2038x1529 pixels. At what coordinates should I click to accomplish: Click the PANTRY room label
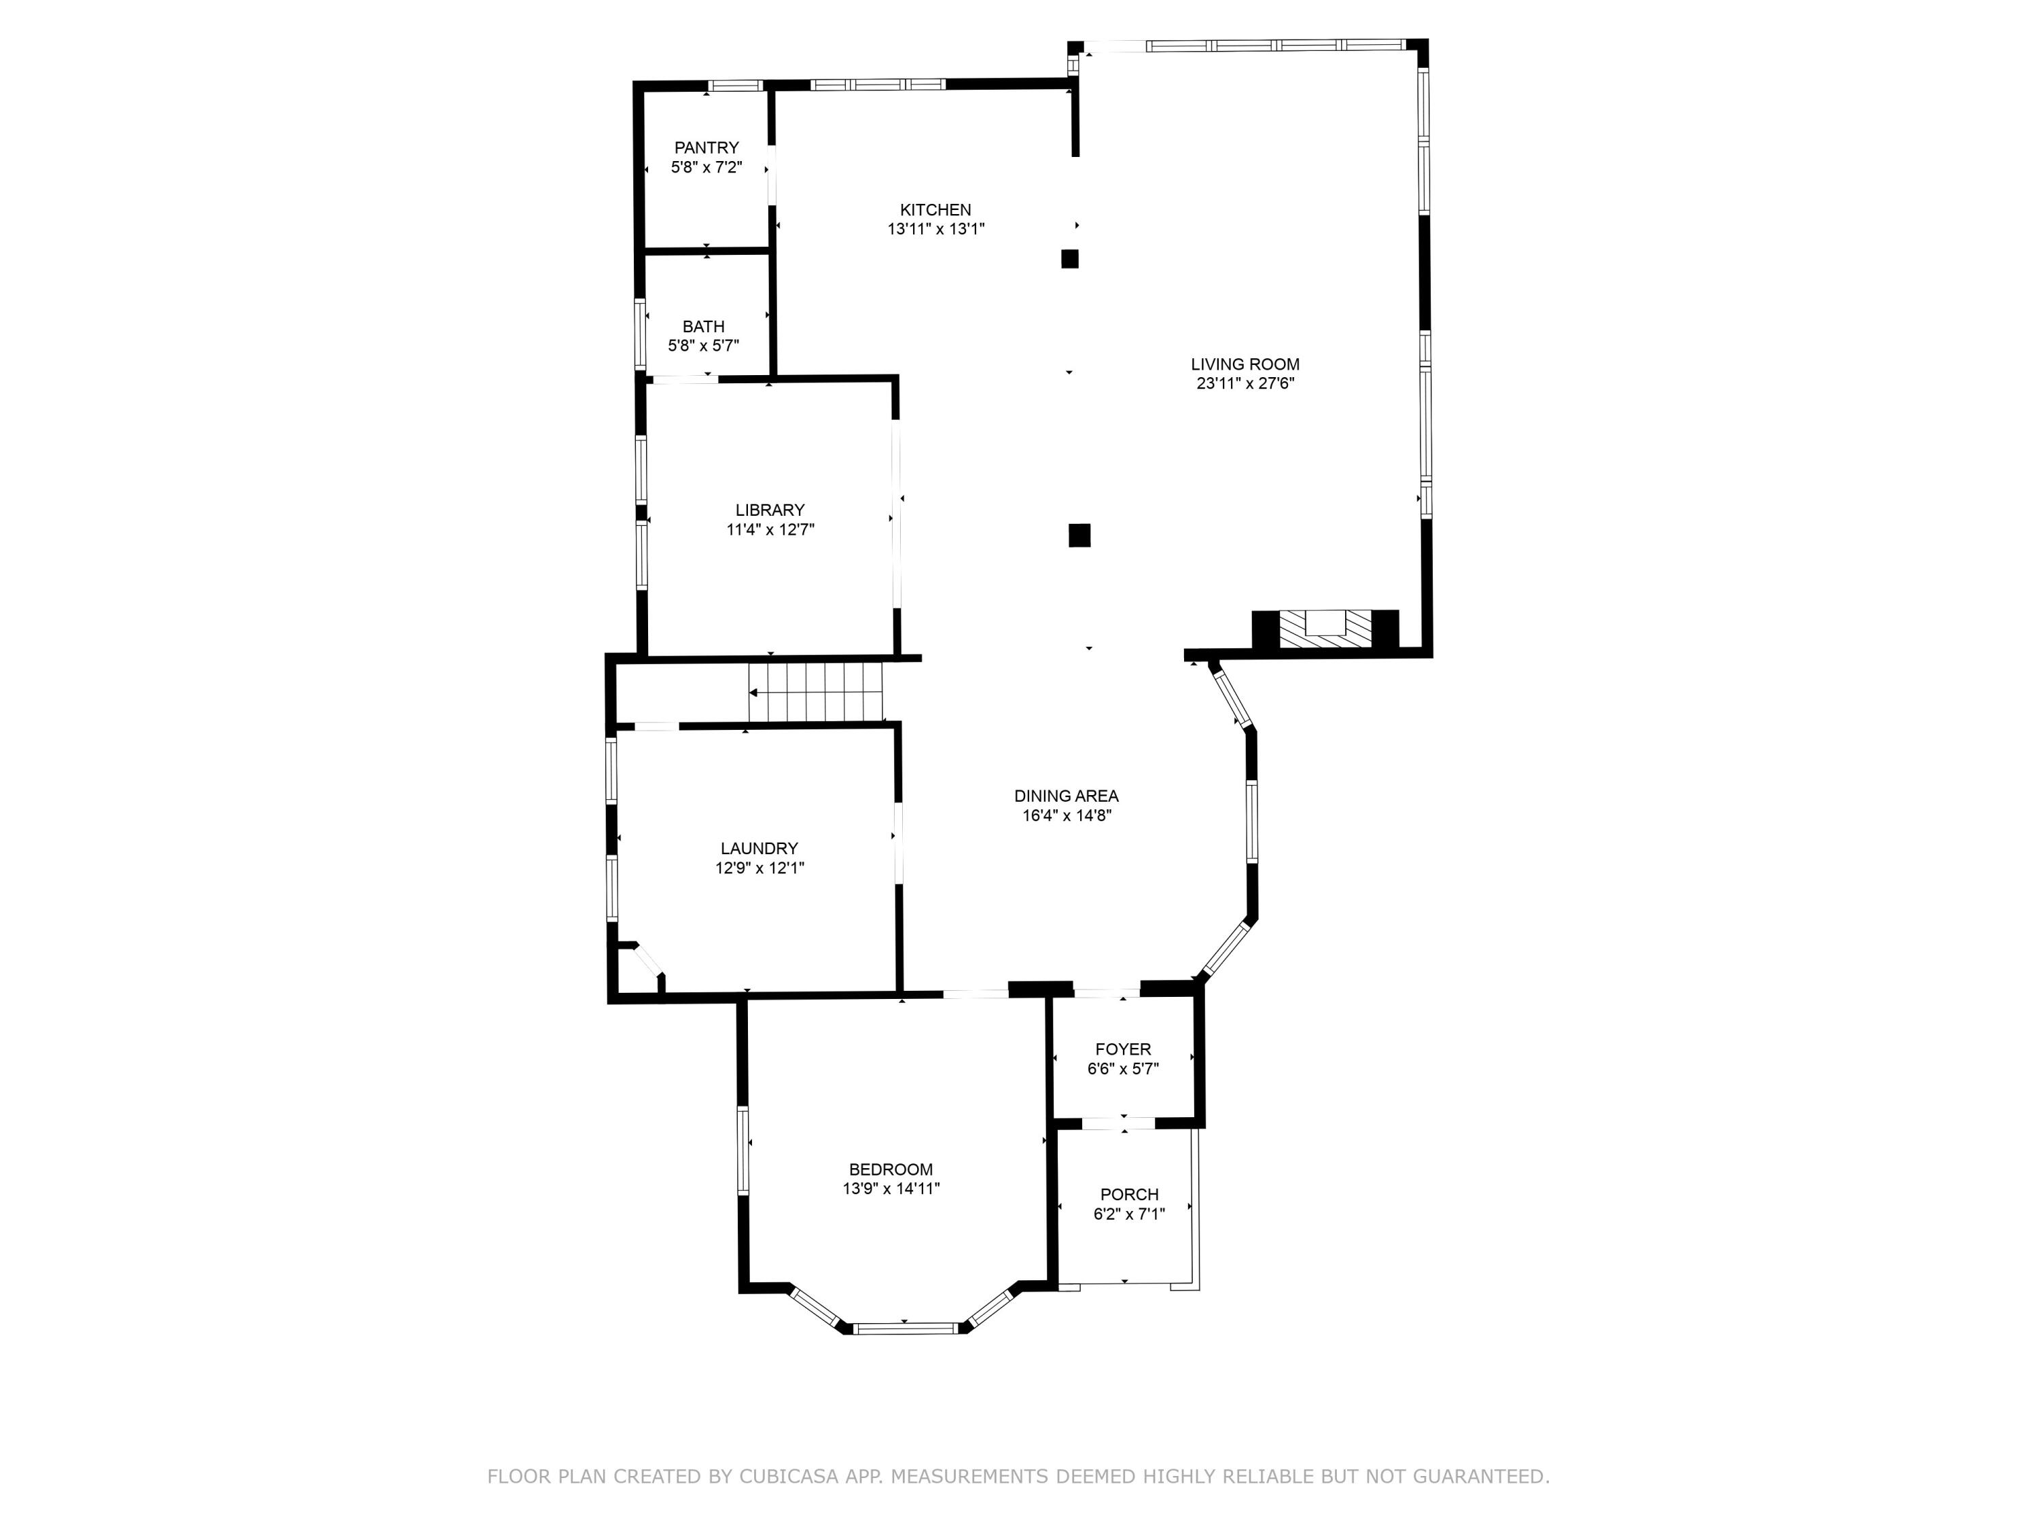pyautogui.click(x=706, y=147)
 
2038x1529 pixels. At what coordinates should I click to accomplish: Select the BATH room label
pyautogui.click(x=703, y=326)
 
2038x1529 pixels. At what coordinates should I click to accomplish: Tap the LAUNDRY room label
pyautogui.click(x=759, y=848)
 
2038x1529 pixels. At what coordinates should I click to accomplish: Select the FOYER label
pyautogui.click(x=1123, y=1049)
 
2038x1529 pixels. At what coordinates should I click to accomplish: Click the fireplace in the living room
pyautogui.click(x=1325, y=631)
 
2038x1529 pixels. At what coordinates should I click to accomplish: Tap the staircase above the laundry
pyautogui.click(x=815, y=692)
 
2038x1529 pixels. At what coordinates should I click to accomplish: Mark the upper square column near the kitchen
pyautogui.click(x=1070, y=259)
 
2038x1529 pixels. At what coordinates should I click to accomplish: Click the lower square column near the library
pyautogui.click(x=1079, y=535)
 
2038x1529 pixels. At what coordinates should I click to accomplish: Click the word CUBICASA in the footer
pyautogui.click(x=788, y=1477)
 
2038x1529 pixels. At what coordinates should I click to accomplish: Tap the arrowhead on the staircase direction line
pyautogui.click(x=753, y=692)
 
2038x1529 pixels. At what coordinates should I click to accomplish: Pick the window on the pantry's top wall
pyautogui.click(x=735, y=86)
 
